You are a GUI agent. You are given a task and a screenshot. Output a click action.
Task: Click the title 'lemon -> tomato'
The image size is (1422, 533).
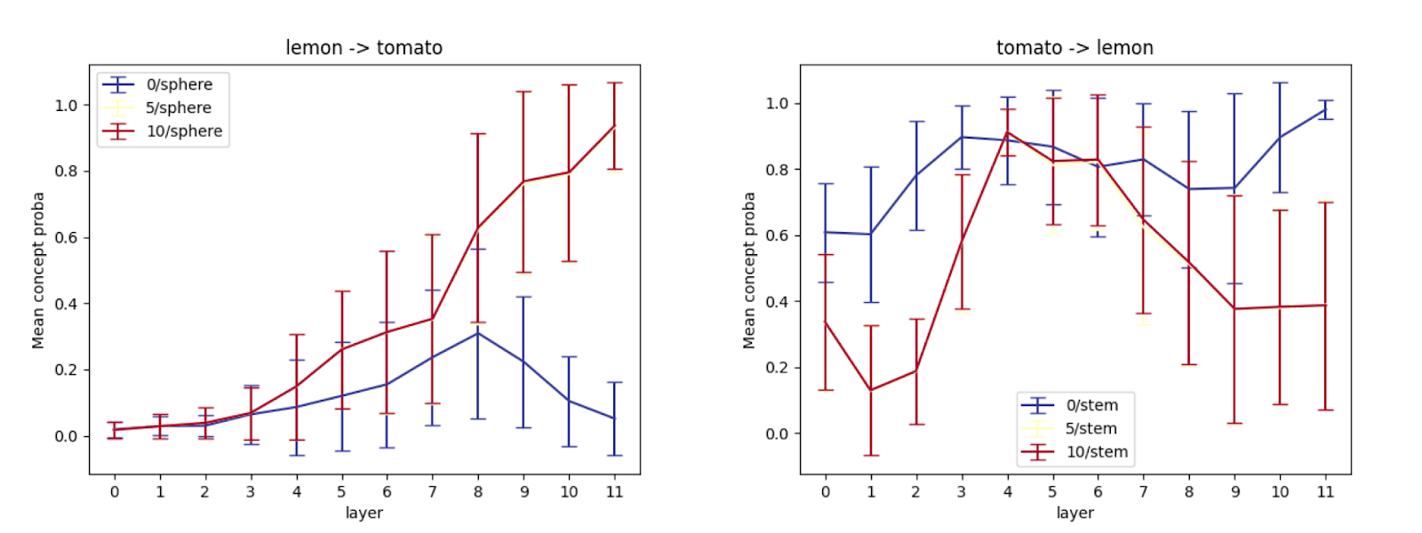[x=363, y=48]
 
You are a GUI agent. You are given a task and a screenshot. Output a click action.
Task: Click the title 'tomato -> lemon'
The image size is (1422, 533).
[x=1074, y=48]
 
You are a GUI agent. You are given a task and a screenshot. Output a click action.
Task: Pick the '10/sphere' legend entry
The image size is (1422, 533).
[x=163, y=131]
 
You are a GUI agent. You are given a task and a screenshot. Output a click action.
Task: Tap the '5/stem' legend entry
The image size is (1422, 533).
[x=1069, y=428]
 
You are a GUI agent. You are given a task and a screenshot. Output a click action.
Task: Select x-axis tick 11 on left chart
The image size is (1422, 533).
[x=614, y=492]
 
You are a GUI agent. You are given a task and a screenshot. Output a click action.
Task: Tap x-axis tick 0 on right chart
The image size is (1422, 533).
[x=826, y=492]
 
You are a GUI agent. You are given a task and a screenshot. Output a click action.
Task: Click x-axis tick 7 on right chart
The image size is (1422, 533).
[x=1143, y=492]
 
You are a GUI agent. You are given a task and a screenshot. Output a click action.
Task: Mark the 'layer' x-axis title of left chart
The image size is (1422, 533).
[x=364, y=513]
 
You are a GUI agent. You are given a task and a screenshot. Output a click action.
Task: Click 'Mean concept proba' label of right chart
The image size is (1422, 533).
[x=749, y=270]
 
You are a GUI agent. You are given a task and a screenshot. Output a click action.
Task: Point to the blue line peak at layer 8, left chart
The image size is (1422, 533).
[x=478, y=333]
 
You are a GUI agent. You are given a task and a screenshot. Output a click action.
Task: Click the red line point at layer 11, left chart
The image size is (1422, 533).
[x=614, y=125]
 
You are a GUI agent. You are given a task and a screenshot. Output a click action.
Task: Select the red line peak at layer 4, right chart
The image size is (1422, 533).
[x=1008, y=132]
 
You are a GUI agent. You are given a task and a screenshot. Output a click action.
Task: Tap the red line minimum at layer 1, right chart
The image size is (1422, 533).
[x=871, y=390]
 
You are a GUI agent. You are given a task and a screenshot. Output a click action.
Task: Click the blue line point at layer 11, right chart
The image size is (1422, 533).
[x=1325, y=110]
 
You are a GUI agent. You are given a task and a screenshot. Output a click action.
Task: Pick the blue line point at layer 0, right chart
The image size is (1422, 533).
[x=826, y=232]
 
